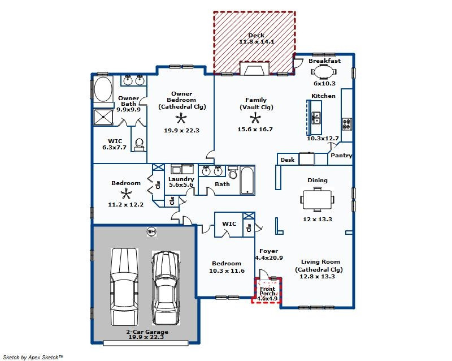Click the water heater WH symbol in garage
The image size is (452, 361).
[151, 231]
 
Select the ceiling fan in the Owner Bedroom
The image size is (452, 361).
[181, 118]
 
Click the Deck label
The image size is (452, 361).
[257, 35]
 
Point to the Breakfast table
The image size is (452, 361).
[324, 72]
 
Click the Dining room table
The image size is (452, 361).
[317, 200]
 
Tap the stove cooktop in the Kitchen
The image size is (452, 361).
[347, 123]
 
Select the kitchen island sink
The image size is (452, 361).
[316, 118]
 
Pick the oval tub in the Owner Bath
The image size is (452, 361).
[103, 89]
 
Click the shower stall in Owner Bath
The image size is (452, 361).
[103, 117]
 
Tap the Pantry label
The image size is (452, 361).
[341, 156]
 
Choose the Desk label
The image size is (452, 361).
[288, 160]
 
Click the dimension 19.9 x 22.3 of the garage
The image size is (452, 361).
[146, 337]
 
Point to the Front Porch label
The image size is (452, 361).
[267, 291]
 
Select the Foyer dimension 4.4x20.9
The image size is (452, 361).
[269, 257]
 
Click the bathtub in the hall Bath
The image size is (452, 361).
[247, 180]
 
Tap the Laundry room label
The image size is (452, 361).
[181, 179]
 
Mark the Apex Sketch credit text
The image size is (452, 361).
[33, 357]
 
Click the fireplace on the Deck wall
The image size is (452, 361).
[255, 68]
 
